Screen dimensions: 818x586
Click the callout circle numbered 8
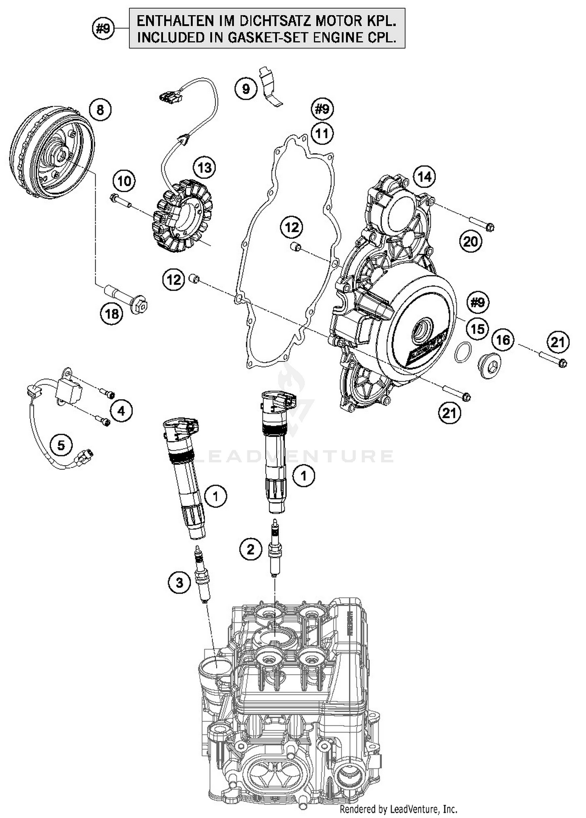coord(100,110)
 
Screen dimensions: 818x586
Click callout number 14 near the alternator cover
coord(425,177)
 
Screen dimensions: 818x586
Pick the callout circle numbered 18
coord(112,313)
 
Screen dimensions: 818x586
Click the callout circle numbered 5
coord(61,445)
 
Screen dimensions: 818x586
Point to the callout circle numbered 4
coord(121,411)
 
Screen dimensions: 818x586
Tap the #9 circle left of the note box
coord(103,29)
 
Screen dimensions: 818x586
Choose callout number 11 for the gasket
coord(322,134)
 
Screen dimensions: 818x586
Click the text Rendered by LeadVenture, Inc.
coord(398,808)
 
